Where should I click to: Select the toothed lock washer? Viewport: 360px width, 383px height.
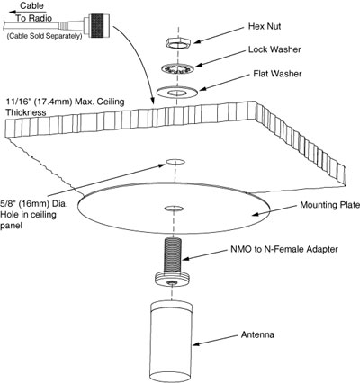click(x=178, y=69)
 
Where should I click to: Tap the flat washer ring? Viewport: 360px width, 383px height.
click(x=177, y=92)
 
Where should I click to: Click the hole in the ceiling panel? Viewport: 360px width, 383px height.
click(x=175, y=162)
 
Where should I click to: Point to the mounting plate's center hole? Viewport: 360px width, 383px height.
click(x=174, y=208)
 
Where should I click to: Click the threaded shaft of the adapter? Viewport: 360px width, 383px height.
click(x=173, y=254)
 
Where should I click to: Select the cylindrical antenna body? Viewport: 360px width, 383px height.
click(x=171, y=342)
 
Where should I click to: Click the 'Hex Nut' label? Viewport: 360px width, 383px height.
click(x=265, y=26)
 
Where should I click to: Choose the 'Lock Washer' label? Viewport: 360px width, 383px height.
click(x=274, y=49)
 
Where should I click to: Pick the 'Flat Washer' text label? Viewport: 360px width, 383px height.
click(x=277, y=74)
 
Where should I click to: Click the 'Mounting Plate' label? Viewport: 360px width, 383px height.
click(x=330, y=205)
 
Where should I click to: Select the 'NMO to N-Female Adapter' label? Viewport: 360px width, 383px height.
click(x=284, y=249)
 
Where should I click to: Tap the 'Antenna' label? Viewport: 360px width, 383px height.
click(x=257, y=334)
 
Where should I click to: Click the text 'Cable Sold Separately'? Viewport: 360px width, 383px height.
click(x=44, y=36)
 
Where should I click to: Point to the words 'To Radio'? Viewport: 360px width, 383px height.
click(x=34, y=18)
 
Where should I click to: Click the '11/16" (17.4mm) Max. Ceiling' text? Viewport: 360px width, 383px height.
click(x=65, y=102)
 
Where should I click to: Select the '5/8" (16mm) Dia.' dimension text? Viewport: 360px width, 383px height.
click(x=34, y=204)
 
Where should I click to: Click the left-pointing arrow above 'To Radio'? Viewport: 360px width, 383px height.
click(x=28, y=13)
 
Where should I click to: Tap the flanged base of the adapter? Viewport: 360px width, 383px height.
click(x=172, y=280)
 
